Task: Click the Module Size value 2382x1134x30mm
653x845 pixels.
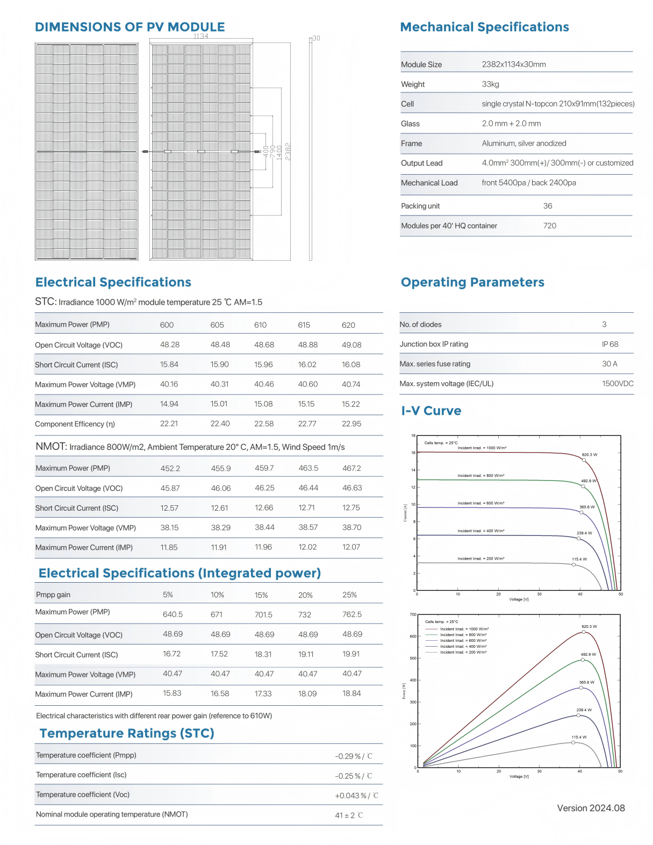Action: (513, 64)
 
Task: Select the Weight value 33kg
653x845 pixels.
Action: (490, 84)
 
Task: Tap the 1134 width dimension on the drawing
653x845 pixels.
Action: (201, 36)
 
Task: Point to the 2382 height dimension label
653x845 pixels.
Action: (288, 151)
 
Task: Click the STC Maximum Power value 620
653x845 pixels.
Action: (348, 325)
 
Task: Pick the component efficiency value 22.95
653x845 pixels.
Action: (351, 424)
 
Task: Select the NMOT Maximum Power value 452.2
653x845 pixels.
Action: (170, 468)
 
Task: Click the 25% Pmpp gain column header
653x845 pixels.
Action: (349, 595)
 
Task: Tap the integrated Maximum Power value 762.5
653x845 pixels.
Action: (352, 614)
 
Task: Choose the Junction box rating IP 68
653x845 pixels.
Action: (610, 344)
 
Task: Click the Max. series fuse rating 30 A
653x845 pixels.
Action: (609, 363)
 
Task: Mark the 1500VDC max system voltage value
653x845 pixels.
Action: (618, 383)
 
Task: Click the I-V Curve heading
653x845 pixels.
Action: (431, 411)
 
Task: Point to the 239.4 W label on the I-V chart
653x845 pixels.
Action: (584, 533)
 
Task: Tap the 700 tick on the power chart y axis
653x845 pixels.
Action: (413, 614)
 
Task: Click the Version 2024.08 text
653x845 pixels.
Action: (591, 808)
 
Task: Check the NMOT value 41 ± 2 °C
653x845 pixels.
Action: (349, 815)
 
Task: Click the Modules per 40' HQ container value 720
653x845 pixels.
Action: (550, 226)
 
